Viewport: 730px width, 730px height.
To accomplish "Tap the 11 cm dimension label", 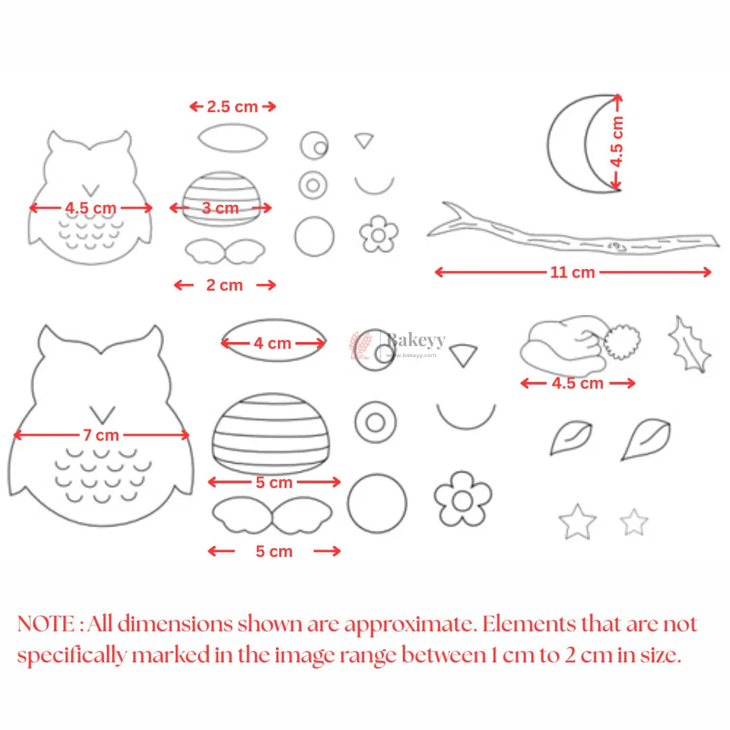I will [x=573, y=272].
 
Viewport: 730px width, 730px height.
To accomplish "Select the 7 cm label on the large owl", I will [x=101, y=435].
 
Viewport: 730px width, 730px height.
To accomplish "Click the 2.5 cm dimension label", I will [x=233, y=106].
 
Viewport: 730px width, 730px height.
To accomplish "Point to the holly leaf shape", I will [x=690, y=343].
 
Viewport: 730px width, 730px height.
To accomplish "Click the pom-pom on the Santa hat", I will [x=622, y=341].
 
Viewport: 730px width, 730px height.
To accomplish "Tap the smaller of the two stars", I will [x=634, y=522].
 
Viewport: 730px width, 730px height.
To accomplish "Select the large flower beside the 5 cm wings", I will [x=462, y=500].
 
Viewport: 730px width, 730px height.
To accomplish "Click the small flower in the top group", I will [x=379, y=234].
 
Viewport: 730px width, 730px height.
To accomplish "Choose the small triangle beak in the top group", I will [x=364, y=141].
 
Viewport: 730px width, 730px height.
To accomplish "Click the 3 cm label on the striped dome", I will [x=220, y=208].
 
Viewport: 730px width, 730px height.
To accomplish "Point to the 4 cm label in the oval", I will [x=272, y=343].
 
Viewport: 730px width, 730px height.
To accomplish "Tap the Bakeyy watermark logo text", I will [x=415, y=340].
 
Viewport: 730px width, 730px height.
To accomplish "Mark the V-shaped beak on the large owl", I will [x=103, y=412].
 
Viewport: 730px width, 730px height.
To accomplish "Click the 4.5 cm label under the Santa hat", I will [x=577, y=383].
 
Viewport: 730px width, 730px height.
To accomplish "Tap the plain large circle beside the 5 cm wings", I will [x=377, y=503].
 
